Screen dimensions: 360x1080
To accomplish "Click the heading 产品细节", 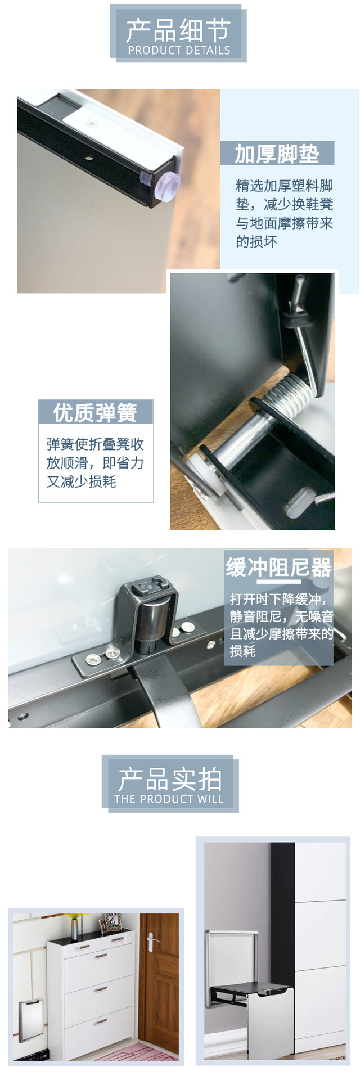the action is coord(178,30).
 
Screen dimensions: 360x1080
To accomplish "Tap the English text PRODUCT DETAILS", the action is coord(179,50).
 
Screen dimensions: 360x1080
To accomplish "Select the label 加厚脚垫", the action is coord(277,154).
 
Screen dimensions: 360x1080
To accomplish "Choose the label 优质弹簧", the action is coord(95,412).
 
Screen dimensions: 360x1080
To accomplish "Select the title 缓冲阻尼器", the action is coord(279,567).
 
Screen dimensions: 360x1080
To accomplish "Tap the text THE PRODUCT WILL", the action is coord(169,799).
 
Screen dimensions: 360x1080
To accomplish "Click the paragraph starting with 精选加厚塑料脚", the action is coord(284,214).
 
